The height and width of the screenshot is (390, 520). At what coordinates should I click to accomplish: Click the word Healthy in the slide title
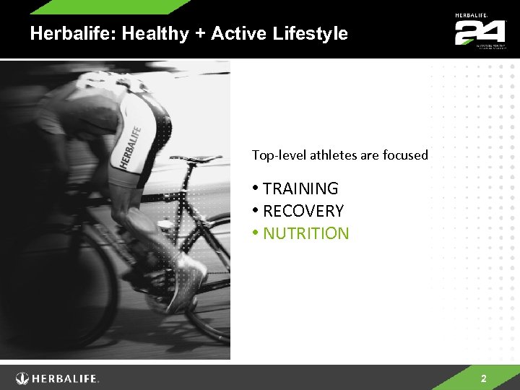(148, 34)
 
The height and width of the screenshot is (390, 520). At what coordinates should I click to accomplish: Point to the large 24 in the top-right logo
(479, 32)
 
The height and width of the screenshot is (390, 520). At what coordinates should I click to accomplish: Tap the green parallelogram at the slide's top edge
(108, 6)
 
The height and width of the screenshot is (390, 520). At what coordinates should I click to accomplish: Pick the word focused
(405, 155)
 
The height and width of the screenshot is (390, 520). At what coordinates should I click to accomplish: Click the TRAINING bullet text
(300, 188)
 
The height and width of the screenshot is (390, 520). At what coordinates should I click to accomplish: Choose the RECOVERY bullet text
(303, 211)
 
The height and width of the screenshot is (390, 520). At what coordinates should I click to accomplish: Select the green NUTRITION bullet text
(305, 233)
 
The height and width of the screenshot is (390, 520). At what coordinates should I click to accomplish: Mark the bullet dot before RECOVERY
(256, 211)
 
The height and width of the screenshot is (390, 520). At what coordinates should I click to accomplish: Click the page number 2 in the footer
(484, 378)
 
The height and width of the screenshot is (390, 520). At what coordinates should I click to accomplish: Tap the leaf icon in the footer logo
(22, 378)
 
